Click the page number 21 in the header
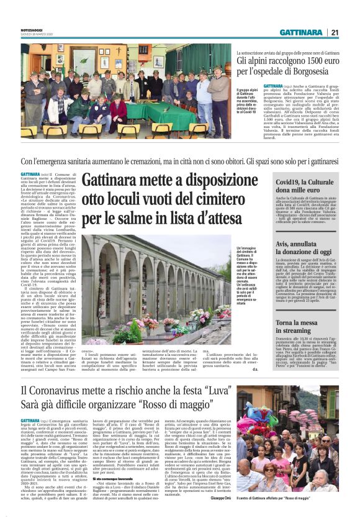335,32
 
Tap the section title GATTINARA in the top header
300,32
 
